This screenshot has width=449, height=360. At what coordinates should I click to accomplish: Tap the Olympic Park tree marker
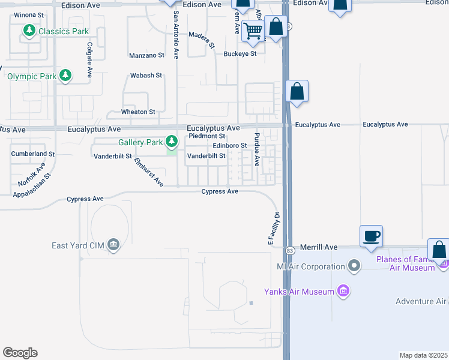(x=65, y=76)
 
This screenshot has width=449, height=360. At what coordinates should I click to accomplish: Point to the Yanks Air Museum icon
(x=343, y=292)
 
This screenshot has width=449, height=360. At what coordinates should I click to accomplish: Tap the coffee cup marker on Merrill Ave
(x=371, y=236)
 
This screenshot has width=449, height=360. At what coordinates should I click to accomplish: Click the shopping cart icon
(x=254, y=31)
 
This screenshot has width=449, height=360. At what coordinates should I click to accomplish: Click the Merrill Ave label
(x=321, y=247)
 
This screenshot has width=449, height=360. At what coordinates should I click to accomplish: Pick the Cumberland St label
(x=32, y=154)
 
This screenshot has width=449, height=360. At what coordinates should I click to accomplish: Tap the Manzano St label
(x=146, y=56)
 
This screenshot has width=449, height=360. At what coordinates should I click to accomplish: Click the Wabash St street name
(x=146, y=76)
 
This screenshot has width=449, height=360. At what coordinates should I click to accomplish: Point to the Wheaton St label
(x=138, y=112)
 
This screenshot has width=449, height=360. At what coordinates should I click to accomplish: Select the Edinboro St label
(x=230, y=146)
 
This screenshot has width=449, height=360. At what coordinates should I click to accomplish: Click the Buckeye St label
(x=240, y=54)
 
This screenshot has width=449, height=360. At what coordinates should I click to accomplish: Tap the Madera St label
(x=202, y=40)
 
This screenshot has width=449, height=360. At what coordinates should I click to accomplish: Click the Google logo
(x=20, y=353)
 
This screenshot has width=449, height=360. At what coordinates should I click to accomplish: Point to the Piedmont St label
(x=206, y=136)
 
